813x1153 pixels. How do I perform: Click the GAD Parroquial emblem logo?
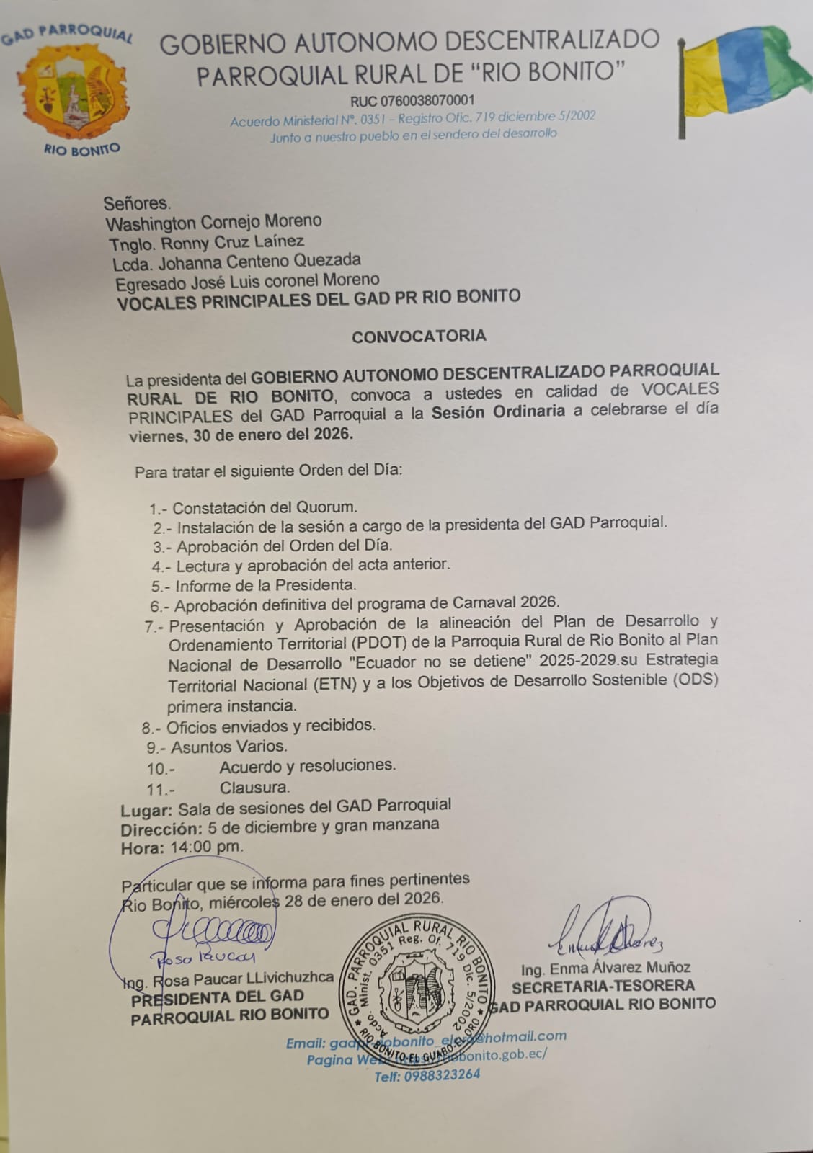point(73,91)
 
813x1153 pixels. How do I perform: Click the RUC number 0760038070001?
point(412,100)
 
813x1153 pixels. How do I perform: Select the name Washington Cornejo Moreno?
point(213,221)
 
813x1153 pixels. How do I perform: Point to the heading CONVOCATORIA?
point(419,336)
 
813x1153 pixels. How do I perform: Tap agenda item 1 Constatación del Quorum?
point(264,507)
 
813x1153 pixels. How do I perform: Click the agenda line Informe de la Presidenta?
point(266,585)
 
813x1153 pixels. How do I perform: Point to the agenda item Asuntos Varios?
point(228,747)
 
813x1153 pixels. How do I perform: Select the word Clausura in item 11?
point(254,787)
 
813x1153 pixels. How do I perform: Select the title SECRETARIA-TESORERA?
point(603,985)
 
